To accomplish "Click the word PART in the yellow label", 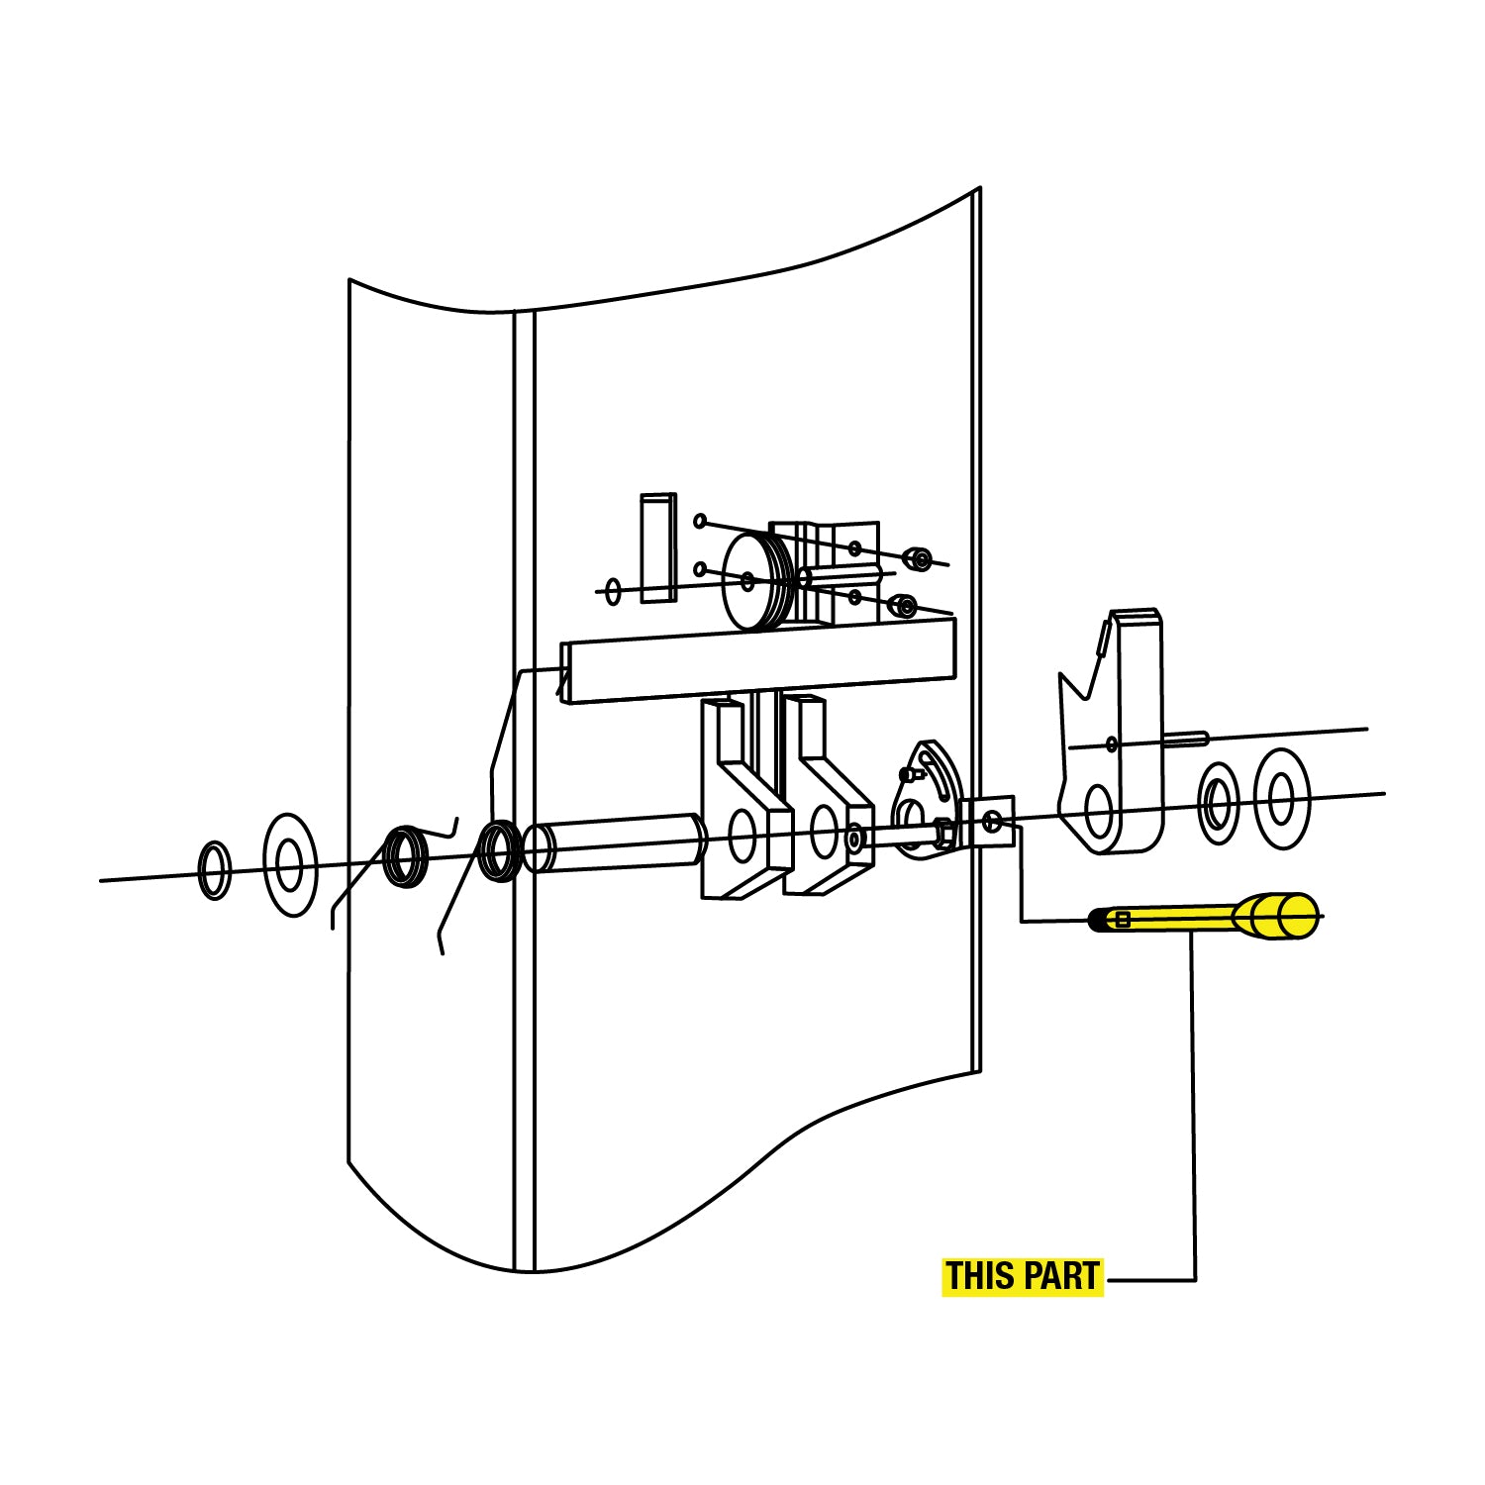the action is point(1062,1276).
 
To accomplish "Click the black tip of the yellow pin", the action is point(1096,920).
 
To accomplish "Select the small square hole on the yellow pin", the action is point(1123,920).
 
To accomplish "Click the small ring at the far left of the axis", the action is point(215,870).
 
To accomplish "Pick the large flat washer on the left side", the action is point(290,864).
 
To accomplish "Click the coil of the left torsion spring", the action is point(406,855).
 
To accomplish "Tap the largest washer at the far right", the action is point(1282,799).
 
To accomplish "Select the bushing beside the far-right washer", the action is point(1218,804).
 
